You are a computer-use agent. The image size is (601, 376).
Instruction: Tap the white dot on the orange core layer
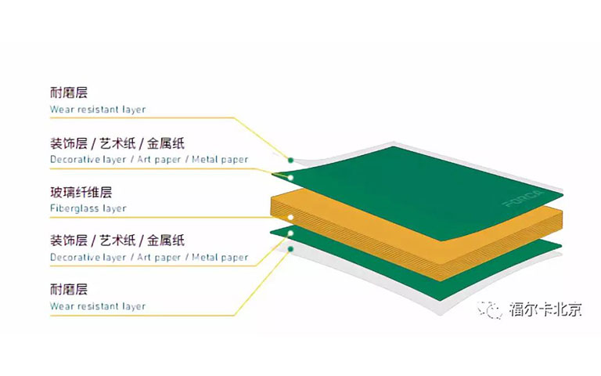point(290,217)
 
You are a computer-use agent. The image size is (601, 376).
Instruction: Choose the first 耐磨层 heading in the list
point(69,93)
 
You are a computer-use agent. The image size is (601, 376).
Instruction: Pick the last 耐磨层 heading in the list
point(69,289)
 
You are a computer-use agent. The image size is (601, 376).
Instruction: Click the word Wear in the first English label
point(63,110)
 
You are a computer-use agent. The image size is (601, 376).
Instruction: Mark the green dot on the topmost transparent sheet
point(290,160)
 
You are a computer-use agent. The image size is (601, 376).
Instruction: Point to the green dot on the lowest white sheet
point(290,248)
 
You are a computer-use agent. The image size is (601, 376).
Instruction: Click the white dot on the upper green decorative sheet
point(290,178)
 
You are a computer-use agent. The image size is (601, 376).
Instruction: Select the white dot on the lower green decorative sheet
point(290,233)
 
